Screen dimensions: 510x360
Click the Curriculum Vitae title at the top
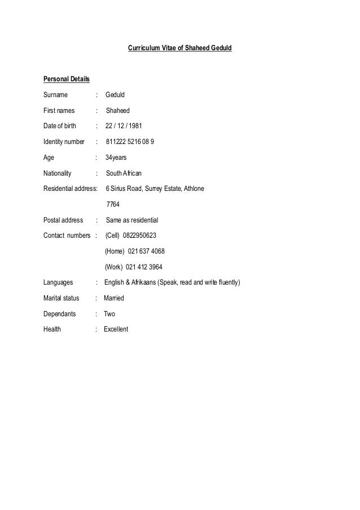179,49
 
